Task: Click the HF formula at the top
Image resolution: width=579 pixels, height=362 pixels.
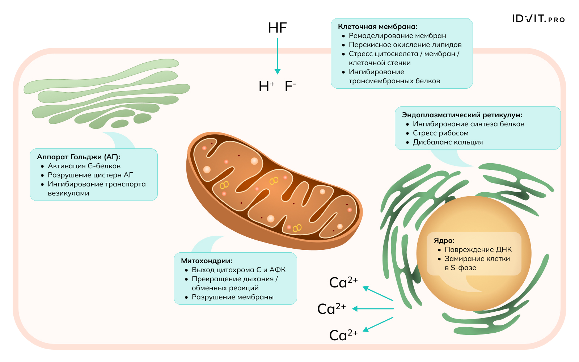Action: click(277, 28)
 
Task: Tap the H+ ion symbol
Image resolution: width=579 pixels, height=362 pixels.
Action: click(266, 87)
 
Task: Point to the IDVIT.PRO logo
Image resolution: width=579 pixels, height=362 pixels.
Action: click(538, 19)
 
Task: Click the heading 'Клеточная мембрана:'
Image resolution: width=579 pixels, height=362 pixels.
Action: click(377, 26)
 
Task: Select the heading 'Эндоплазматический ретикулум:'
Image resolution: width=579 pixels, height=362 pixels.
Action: click(462, 115)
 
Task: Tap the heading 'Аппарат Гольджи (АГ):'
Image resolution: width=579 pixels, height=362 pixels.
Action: click(79, 157)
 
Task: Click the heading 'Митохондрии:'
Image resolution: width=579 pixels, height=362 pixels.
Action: click(207, 261)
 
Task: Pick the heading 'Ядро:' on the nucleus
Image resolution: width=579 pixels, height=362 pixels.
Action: click(444, 240)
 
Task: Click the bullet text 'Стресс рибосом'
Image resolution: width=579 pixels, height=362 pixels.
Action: click(440, 133)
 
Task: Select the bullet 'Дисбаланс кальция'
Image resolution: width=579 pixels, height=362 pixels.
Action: click(448, 142)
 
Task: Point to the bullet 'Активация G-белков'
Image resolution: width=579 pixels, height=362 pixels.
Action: click(84, 166)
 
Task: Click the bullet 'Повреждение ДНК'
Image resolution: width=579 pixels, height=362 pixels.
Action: click(478, 249)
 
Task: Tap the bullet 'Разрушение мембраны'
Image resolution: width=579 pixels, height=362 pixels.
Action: click(232, 297)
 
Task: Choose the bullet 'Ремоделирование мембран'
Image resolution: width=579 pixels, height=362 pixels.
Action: click(397, 35)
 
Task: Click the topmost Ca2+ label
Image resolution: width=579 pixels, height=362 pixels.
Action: click(343, 282)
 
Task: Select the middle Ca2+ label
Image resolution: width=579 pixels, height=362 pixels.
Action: click(331, 309)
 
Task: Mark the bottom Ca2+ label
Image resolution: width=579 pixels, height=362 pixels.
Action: click(343, 335)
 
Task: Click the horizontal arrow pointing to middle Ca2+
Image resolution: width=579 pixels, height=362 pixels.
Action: click(373, 309)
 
